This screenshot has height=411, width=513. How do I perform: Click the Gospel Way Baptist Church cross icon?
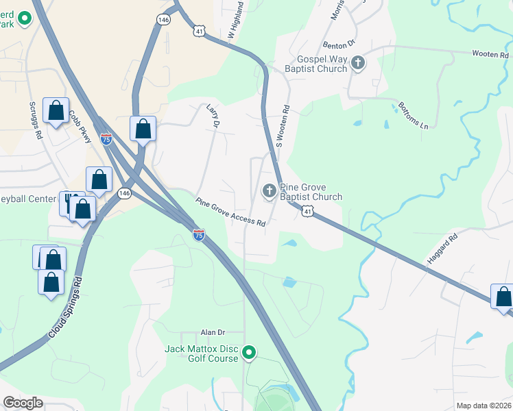tap(357, 64)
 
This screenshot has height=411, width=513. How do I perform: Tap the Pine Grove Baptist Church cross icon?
tap(270, 191)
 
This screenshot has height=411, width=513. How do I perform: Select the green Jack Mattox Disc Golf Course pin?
tap(250, 353)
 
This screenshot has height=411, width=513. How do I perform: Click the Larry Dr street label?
tap(212, 116)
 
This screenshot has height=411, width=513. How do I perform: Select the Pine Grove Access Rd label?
tap(230, 212)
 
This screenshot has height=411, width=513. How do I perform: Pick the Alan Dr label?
tap(213, 332)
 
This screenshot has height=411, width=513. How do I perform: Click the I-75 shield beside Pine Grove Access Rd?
tap(198, 235)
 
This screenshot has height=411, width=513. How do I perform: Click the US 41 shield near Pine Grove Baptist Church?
tap(307, 213)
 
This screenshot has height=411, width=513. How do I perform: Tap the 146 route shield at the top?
tap(163, 21)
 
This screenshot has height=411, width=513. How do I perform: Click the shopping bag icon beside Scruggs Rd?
tap(56, 110)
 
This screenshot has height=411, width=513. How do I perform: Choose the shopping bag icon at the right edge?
tap(503, 297)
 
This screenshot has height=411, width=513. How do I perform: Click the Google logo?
tap(23, 403)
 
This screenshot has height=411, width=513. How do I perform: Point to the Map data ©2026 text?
tap(484, 406)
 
